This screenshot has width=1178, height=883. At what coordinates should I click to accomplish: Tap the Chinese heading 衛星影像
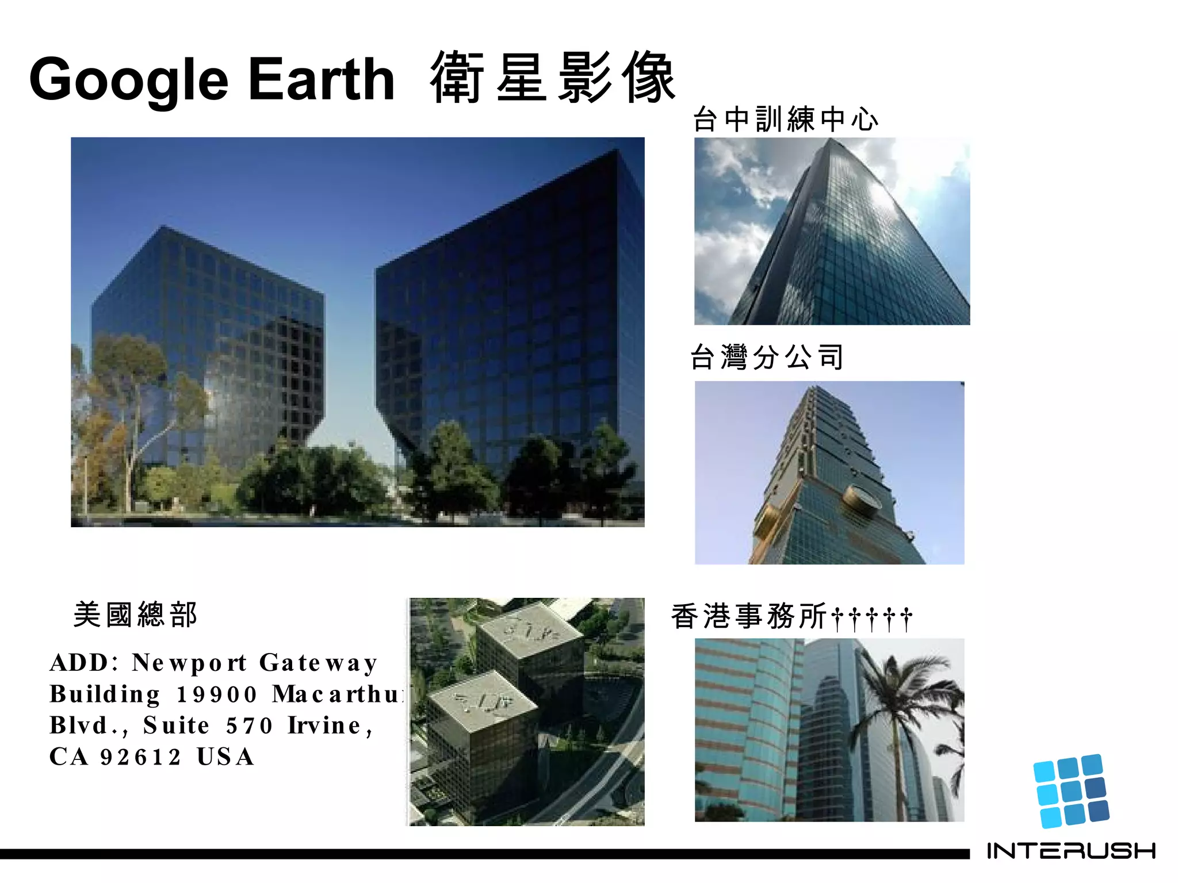tap(552, 77)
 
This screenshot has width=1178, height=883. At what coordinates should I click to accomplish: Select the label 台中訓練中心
tap(786, 120)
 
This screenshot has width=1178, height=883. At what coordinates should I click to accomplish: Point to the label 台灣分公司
tap(767, 357)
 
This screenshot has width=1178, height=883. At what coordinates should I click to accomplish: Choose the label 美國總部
tap(136, 615)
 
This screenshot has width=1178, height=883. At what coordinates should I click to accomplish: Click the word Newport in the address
tap(189, 663)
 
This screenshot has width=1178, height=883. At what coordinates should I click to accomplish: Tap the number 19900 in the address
tap(216, 694)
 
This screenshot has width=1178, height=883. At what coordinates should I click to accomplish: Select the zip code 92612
tap(141, 757)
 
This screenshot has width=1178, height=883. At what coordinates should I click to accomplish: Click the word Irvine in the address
tap(324, 725)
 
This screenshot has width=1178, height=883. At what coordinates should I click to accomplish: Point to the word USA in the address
tap(225, 757)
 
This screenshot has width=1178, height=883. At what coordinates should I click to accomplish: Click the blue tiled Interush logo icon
tap(1070, 791)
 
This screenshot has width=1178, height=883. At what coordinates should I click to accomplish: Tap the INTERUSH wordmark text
tap(1071, 851)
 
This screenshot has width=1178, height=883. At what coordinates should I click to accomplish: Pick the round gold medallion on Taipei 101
tap(861, 498)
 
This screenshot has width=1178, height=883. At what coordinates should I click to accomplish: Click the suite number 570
tap(248, 725)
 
